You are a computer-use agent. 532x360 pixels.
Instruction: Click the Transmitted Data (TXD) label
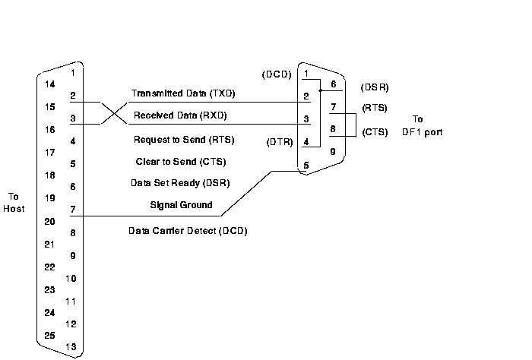point(183,93)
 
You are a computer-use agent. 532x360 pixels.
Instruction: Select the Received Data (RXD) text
point(180,116)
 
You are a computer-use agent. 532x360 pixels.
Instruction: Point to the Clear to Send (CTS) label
point(179,162)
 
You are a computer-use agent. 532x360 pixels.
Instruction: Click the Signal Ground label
point(182,205)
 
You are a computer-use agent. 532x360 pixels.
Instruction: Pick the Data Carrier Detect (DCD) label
point(188,230)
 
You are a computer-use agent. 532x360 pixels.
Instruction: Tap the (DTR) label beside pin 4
point(277,142)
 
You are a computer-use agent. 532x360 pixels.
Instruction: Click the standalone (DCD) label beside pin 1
point(276,74)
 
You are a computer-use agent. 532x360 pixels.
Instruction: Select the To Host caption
point(14,202)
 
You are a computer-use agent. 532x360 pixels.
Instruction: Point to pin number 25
point(49,335)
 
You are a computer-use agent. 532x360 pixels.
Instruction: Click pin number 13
point(71,347)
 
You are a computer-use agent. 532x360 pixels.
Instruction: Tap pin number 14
point(49,84)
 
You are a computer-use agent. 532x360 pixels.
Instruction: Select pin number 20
point(49,222)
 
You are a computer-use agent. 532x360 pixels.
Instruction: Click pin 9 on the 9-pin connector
point(331,152)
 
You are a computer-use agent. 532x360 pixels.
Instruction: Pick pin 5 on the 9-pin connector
point(306,165)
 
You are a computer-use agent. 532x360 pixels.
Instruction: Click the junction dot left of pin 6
point(321,90)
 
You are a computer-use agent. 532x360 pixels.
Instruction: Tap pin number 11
point(71,301)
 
